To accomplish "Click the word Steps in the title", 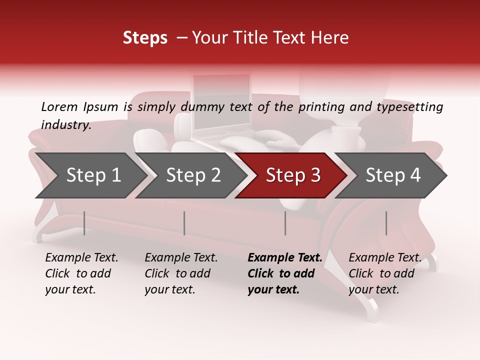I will pos(145,38).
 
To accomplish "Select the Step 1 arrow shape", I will pos(90,175).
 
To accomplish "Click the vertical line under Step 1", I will pos(84,223).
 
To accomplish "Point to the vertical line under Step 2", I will pos(184,223).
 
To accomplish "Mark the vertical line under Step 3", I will pos(285,223).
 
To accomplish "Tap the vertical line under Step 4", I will pos(386,223).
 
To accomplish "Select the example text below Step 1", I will pos(81,273).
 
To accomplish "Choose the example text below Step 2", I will pos(181,273).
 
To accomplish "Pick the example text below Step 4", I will pos(384,273).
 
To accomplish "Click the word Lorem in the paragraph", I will pos(59,106).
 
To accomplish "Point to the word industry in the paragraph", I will pos(65,125).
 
